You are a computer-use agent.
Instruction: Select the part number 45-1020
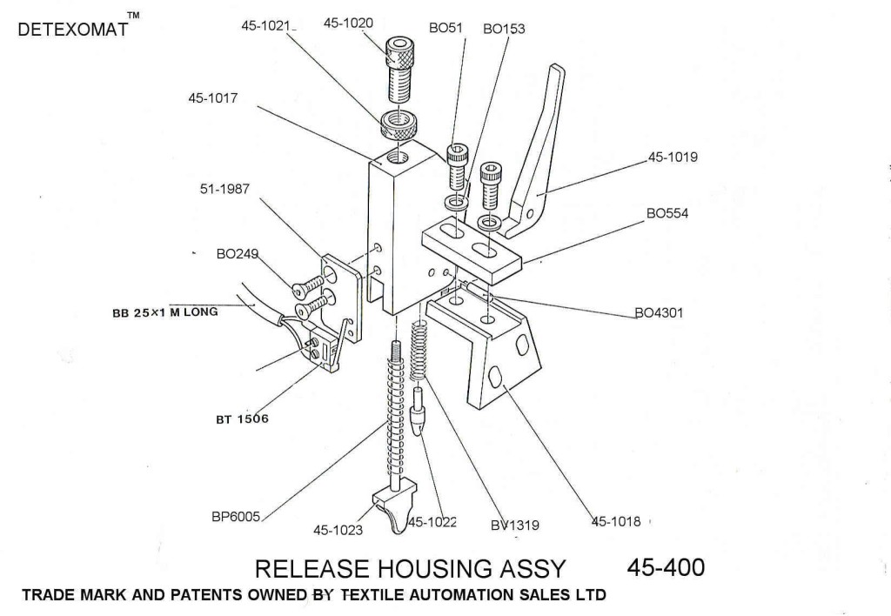pos(348,23)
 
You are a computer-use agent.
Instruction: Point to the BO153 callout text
pos(504,28)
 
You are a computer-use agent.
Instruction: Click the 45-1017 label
pos(212,98)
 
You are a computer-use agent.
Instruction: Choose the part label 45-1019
pos(673,157)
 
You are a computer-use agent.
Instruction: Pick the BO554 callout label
pos(667,213)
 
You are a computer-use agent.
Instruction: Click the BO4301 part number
pos(659,313)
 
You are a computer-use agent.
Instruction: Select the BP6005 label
pos(237,516)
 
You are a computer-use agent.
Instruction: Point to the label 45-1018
pos(616,522)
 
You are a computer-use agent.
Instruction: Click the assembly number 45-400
pos(666,567)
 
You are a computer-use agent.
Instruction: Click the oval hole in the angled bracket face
pos(494,378)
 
